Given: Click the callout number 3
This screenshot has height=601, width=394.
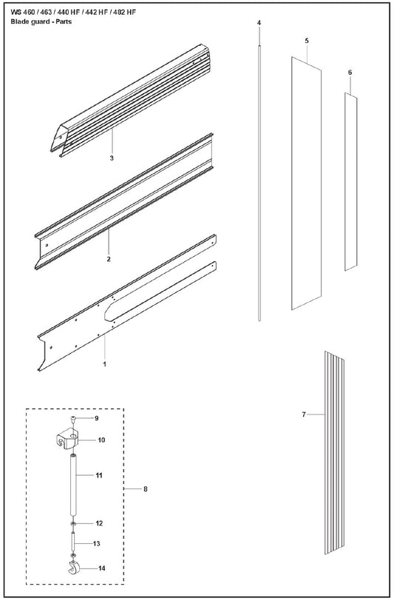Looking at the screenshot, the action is coord(112,158).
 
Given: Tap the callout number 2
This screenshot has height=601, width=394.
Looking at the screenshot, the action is coord(109,259).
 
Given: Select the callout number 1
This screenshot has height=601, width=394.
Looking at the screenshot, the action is coord(104,364).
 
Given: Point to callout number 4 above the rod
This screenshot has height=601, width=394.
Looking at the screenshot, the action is coord(259,23).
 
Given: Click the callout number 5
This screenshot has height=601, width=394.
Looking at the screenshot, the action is coord(307,41).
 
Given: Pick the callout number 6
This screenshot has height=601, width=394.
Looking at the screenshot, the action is coord(350,73).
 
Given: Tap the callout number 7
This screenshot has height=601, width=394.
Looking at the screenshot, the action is coord(304,414).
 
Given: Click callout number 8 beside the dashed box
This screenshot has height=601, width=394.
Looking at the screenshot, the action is coord(146,489).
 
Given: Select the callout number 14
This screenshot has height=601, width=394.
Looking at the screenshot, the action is coord(101,568).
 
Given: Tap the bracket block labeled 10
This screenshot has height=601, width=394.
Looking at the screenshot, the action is coord(68,439).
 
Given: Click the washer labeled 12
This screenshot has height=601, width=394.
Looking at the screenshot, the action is coord(73,523).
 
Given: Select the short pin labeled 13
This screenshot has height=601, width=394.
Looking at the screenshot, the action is coord(73,543).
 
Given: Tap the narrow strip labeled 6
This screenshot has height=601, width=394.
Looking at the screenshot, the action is coord(350,181).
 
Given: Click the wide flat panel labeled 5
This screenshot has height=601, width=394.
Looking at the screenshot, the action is coord(306,184).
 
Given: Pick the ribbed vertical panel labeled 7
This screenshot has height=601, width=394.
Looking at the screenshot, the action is coord(335,453).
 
